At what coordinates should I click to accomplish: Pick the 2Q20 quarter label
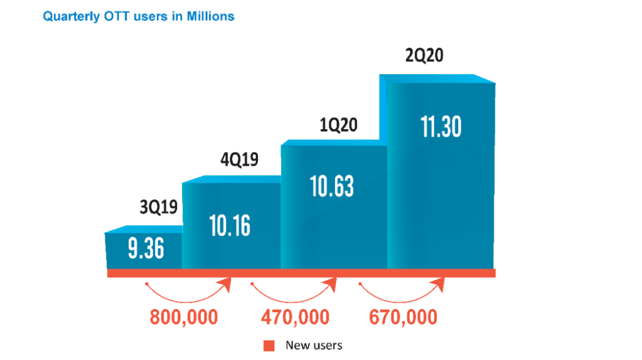pos(425,56)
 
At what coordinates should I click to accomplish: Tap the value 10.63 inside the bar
pos(333,186)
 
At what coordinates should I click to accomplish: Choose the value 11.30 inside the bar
pos(441,127)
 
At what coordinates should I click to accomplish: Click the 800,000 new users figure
pos(184,317)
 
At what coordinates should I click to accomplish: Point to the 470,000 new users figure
pos(295,317)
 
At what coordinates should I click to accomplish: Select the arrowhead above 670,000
pos(440,286)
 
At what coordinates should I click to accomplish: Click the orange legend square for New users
pos(269,345)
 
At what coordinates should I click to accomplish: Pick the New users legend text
pos(314,345)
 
